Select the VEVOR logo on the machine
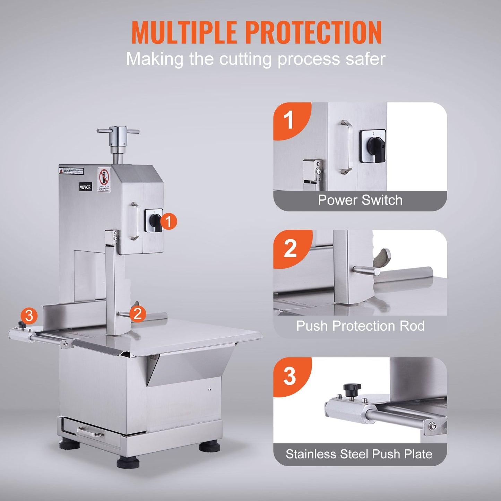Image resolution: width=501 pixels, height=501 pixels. (x=85, y=187)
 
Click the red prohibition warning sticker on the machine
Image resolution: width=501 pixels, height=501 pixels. (x=104, y=180)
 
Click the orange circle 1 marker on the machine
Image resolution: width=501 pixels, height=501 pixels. (x=169, y=222)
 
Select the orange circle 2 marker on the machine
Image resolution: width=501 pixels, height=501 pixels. (x=138, y=313)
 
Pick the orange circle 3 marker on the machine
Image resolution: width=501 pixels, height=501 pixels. (x=29, y=316)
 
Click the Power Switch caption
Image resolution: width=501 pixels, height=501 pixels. (x=360, y=200)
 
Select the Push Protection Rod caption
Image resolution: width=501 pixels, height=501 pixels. (x=360, y=326)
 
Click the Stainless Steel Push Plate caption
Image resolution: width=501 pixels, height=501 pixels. (x=359, y=454)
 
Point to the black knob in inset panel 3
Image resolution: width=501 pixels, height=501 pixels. (x=352, y=389)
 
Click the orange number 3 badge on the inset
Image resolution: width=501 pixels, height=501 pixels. (x=290, y=376)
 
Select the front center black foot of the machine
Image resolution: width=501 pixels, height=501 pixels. (x=128, y=462)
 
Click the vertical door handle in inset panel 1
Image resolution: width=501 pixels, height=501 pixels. (x=346, y=147)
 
